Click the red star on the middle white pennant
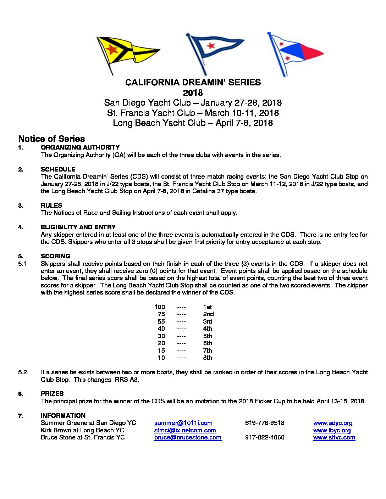click(x=211, y=45)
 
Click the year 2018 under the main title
click(x=193, y=93)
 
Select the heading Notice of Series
click(x=51, y=139)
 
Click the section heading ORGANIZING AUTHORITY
click(x=80, y=147)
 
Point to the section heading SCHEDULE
click(x=58, y=169)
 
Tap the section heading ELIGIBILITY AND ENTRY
click(x=78, y=227)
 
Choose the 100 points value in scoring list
click(x=160, y=307)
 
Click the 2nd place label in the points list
click(x=208, y=314)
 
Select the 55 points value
click(x=161, y=321)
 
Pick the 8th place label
click(x=208, y=358)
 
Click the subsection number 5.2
click(x=22, y=372)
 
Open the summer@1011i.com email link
click(x=183, y=423)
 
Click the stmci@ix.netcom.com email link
click(x=185, y=430)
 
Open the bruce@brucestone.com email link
click(x=188, y=437)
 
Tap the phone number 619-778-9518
click(x=264, y=423)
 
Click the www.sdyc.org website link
click(x=333, y=423)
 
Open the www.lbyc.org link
click(x=332, y=430)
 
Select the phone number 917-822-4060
click(x=264, y=437)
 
